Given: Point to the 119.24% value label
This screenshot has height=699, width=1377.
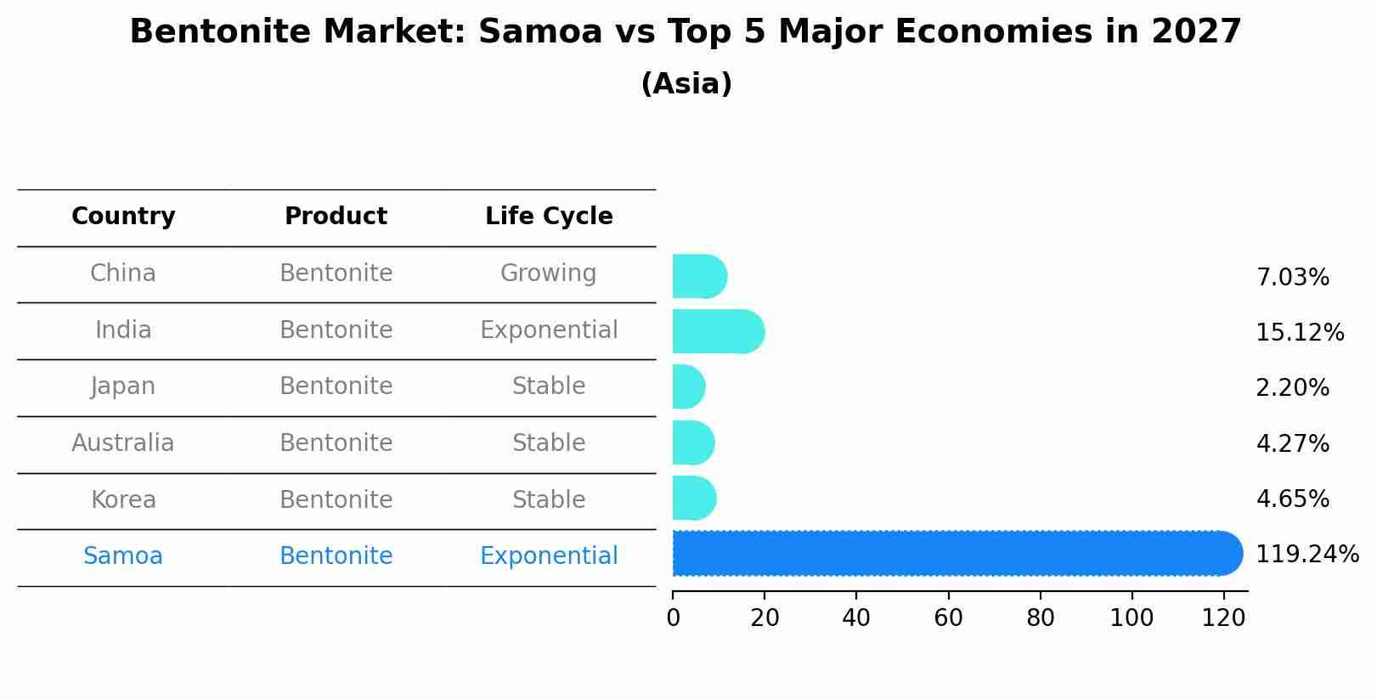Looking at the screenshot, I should click(1306, 555).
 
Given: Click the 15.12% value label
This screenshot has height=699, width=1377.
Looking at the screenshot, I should click(1299, 332).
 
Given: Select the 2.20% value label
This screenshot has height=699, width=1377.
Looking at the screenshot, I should click(1292, 388).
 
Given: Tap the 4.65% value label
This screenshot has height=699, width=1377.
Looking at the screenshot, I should click(1292, 499).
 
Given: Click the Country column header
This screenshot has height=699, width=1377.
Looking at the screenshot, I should click(123, 217).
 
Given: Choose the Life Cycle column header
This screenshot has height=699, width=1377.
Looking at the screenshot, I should click(549, 217).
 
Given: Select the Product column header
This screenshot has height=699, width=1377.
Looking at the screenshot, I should click(336, 217).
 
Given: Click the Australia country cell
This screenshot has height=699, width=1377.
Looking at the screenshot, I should click(123, 443).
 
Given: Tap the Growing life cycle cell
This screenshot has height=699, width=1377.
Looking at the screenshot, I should click(549, 273).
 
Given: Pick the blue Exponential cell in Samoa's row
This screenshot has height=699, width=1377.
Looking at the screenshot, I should click(549, 556).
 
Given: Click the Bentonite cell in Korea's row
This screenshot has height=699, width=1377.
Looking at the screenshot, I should click(336, 499).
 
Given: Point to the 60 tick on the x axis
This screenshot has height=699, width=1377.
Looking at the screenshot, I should click(948, 618).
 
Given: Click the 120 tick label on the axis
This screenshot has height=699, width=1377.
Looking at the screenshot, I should click(1223, 618).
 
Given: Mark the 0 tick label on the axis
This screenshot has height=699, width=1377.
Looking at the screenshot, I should click(673, 618).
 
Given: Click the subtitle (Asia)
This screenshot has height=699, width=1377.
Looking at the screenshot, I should click(686, 84).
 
